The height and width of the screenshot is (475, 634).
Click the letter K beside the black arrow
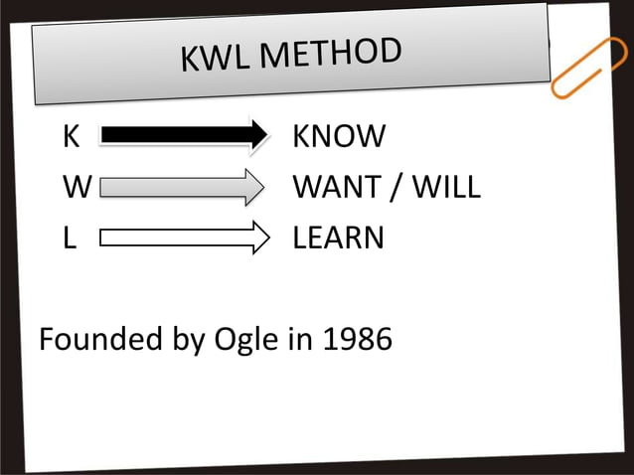[x=71, y=136]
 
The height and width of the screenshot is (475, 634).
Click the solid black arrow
[x=184, y=134]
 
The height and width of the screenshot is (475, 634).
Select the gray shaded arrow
[x=184, y=187]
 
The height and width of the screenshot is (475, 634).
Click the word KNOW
[x=339, y=136]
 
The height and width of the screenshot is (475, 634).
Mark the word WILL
[x=445, y=187]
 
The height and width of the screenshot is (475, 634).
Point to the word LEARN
[x=338, y=238]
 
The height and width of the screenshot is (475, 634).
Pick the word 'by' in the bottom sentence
[x=186, y=342]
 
